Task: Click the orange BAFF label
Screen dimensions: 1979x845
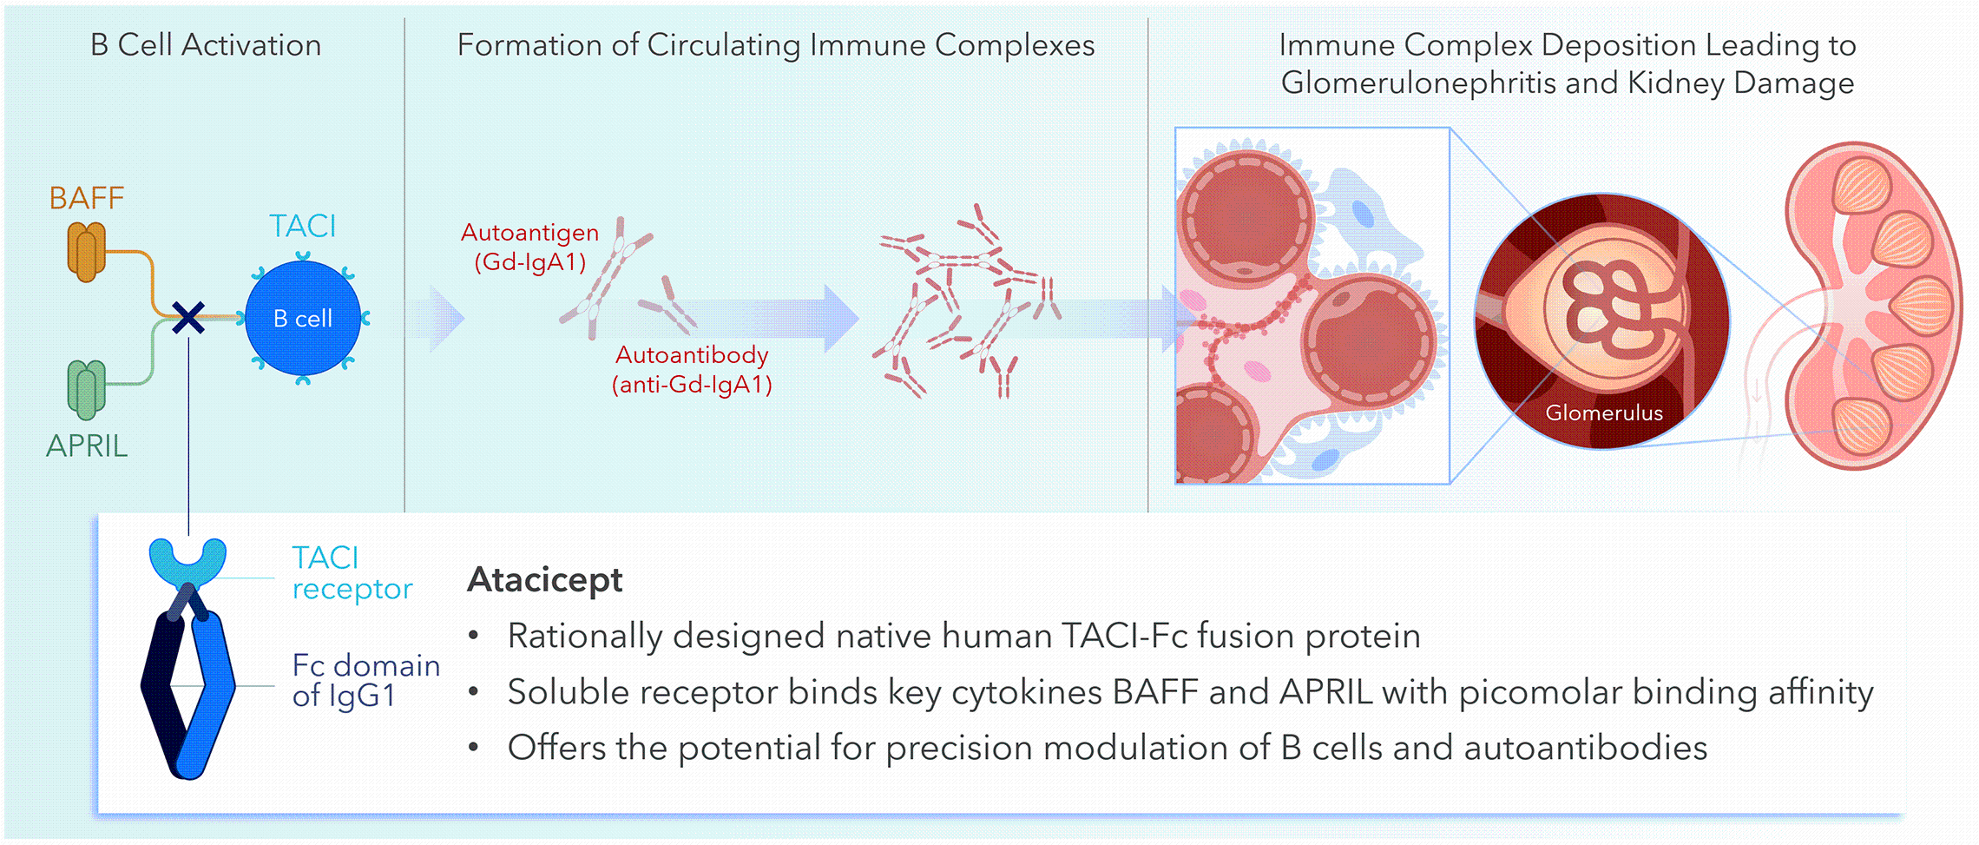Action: (x=87, y=198)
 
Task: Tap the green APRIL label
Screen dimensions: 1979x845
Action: (x=87, y=446)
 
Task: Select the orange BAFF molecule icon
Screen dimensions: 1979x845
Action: (x=87, y=252)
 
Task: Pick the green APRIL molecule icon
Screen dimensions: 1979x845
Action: (x=87, y=390)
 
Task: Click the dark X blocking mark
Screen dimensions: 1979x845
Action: (x=188, y=318)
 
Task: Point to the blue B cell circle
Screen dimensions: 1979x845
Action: (x=303, y=318)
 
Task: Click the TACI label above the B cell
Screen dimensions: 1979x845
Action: (x=302, y=226)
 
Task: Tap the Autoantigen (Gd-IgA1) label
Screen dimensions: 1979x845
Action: (x=529, y=248)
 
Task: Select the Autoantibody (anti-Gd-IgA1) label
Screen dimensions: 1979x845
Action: (x=692, y=369)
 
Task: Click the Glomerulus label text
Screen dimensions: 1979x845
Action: (x=1604, y=413)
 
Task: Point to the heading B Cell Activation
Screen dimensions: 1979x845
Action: (x=206, y=45)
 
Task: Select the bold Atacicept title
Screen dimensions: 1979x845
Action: (x=545, y=579)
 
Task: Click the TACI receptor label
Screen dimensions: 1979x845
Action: (x=352, y=573)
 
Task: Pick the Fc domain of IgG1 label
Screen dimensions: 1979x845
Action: (x=365, y=681)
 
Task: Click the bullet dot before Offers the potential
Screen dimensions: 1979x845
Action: (x=473, y=747)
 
